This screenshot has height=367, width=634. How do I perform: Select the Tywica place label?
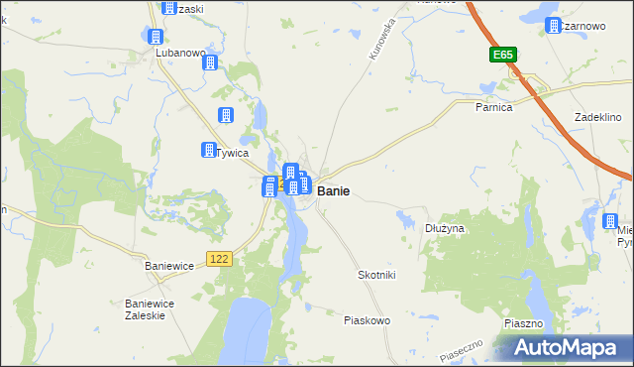pos(232,154)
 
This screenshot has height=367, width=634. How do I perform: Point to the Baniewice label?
pos(170,267)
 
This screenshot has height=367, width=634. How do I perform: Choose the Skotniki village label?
pos(376,275)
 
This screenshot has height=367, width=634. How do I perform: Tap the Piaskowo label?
pos(367,320)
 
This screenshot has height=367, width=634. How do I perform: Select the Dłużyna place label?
pos(445,228)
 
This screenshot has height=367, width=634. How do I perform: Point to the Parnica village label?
pos(492,107)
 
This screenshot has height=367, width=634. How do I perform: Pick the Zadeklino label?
pos(597,117)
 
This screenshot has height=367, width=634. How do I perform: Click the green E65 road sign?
pos(502,57)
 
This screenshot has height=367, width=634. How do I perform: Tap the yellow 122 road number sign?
pos(220,258)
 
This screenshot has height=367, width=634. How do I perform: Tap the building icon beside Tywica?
pos(209,150)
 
